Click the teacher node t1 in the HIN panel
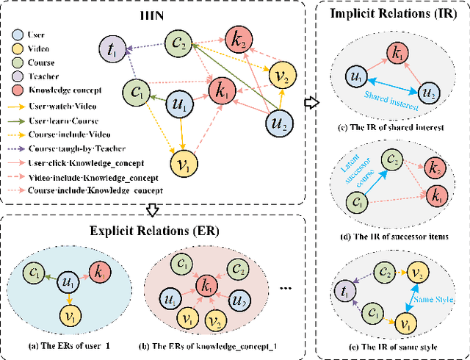pos(112,51)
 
